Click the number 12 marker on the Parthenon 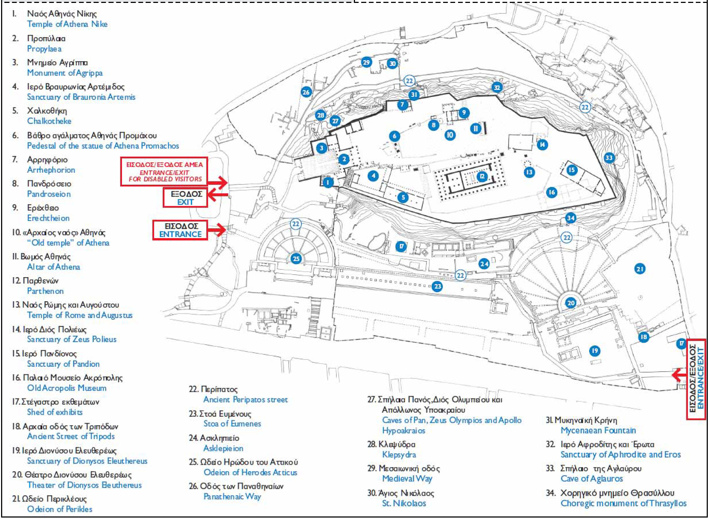pos(482,177)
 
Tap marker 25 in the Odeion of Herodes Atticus pos(296,259)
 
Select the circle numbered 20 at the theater pos(571,303)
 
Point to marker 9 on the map pos(464,113)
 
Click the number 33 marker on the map pos(609,158)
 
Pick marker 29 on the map pos(366,62)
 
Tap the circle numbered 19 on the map pos(595,351)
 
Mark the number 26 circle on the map pos(306,92)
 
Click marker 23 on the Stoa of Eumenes pos(437,286)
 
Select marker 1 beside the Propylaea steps pos(328,182)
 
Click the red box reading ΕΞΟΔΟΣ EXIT pos(185,198)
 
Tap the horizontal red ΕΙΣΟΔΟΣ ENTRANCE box pos(180,230)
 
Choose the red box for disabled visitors pos(164,172)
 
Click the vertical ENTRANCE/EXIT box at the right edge pos(696,379)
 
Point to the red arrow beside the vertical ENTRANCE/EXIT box pos(679,375)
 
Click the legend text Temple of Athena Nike pos(67,24)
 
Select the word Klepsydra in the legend pos(399,455)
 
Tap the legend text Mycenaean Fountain pos(598,430)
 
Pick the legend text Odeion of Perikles pos(60,509)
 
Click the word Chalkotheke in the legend pos(49,121)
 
